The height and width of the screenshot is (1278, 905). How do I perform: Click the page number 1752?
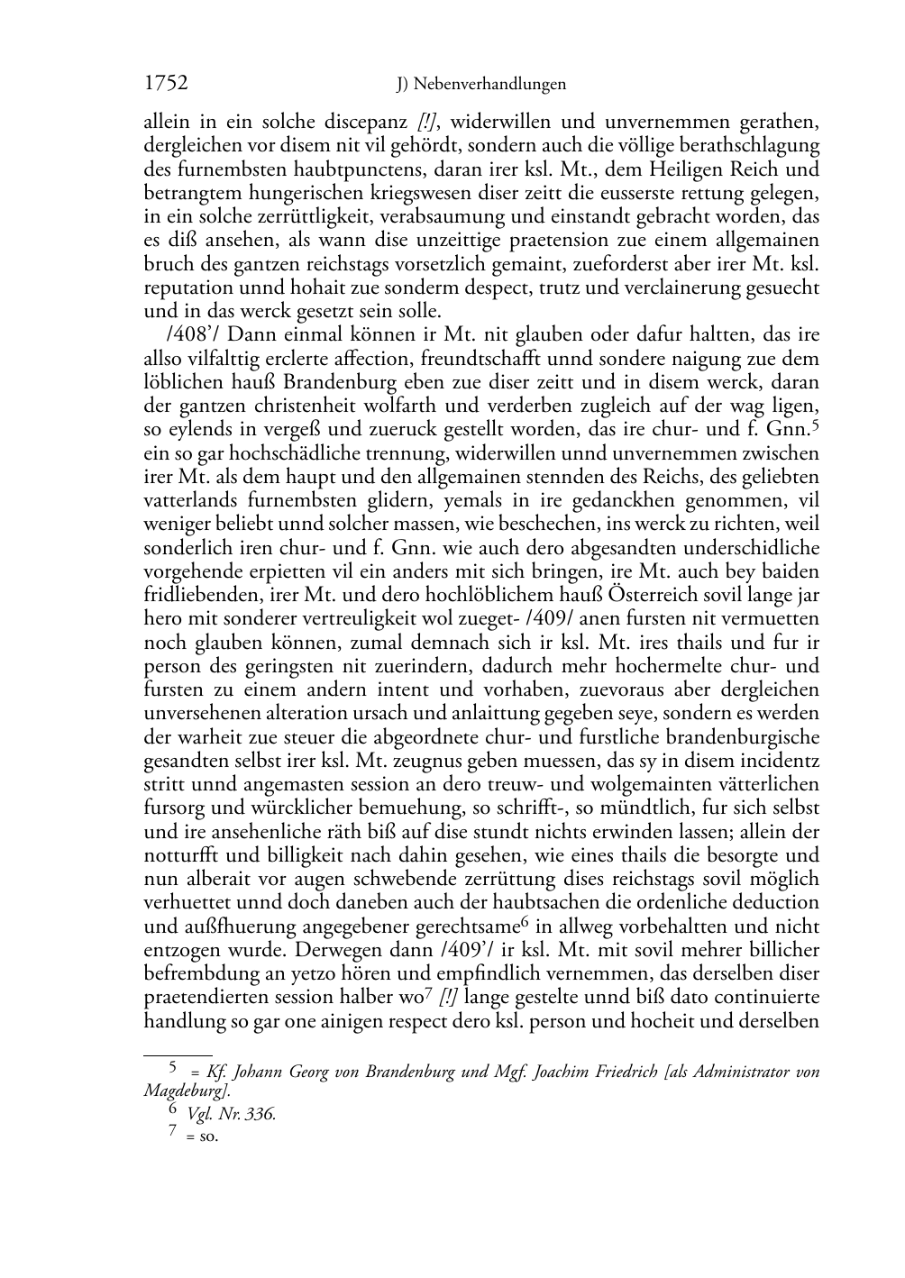point(166,84)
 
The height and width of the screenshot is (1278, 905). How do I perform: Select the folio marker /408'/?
point(172,335)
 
